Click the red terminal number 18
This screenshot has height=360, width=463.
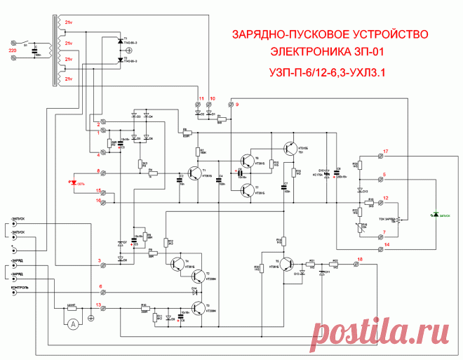pos(360,260)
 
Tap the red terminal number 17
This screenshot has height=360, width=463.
pos(385,152)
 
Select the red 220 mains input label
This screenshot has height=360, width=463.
pos(11,51)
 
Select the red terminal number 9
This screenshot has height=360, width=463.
pos(237,104)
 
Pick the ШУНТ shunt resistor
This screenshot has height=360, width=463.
pos(71,306)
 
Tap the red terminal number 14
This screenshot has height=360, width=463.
pos(385,244)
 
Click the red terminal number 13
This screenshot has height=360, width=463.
pos(99,304)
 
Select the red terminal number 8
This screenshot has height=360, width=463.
pos(99,171)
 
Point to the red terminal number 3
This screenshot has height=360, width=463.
pos(99,260)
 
